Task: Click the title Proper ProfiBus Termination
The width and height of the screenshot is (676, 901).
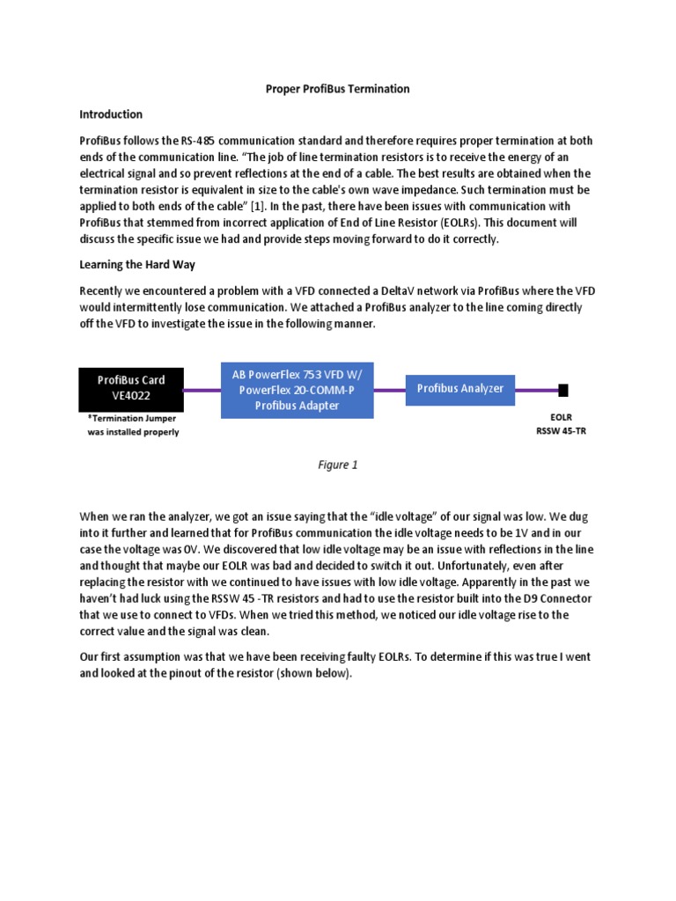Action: (x=338, y=89)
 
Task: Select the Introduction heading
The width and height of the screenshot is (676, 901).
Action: (x=111, y=114)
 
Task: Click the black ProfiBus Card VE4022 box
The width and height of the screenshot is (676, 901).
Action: (x=132, y=389)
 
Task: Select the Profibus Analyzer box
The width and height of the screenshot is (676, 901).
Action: (x=459, y=389)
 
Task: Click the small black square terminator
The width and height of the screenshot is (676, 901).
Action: (x=563, y=389)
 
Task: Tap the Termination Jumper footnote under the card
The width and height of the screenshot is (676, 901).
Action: (x=133, y=426)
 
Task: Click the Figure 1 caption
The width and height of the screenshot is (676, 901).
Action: (x=338, y=465)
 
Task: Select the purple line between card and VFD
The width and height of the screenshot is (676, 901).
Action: (x=202, y=390)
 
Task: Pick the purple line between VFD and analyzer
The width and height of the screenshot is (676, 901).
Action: (x=390, y=390)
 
